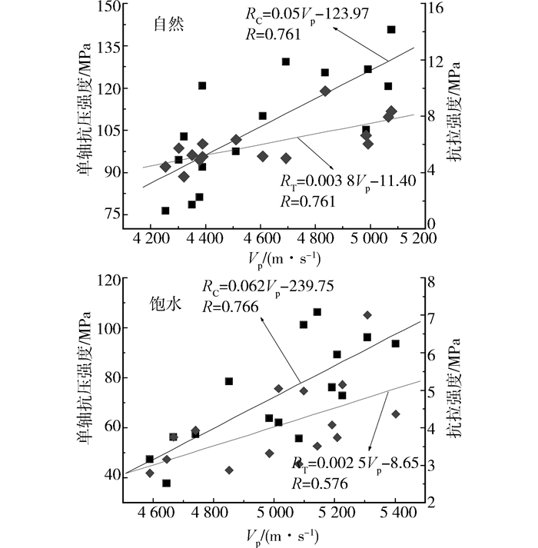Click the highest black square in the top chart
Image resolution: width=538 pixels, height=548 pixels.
(391, 30)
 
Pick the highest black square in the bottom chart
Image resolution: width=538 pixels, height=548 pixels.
(317, 312)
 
